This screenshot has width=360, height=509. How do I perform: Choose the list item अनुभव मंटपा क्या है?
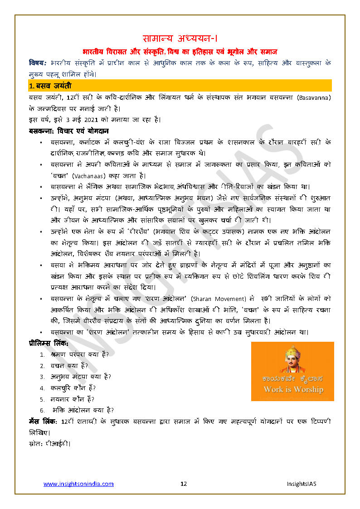(81, 377)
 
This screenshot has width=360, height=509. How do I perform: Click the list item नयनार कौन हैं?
(73, 399)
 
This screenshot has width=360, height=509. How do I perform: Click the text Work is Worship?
(293, 389)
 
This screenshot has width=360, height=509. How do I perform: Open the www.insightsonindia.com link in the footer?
(78, 484)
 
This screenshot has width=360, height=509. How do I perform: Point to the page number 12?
(184, 484)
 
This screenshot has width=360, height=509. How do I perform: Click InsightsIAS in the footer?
(301, 484)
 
